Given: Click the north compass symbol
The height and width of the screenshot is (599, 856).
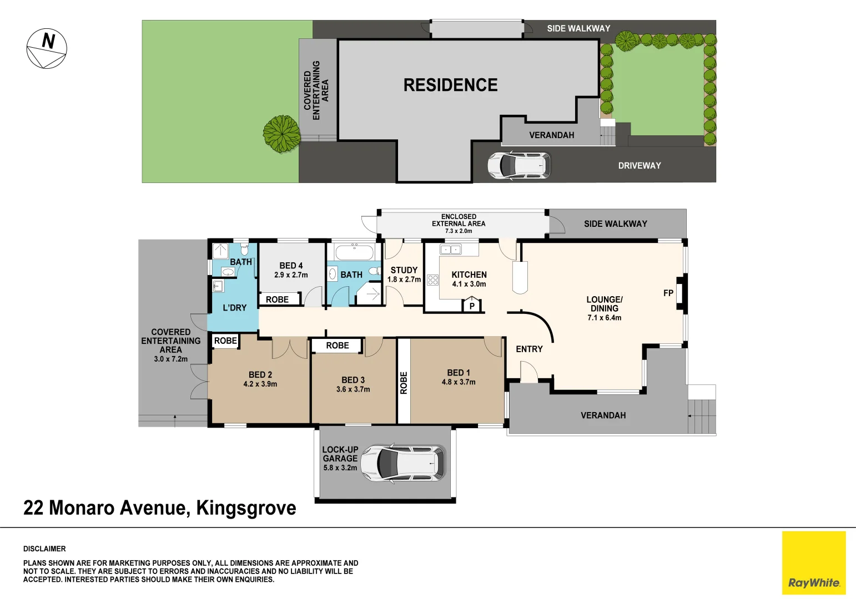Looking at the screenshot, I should coord(47,48).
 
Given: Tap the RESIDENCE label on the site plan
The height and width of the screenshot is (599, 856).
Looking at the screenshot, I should coord(450,85).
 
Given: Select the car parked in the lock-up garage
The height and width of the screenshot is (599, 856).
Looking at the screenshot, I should coord(403,464).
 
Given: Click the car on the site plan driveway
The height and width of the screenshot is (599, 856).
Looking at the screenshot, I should coord(519,165).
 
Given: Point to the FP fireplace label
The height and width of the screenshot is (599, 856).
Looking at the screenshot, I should coord(668,293).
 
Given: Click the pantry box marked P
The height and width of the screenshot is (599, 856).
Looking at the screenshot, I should coord(471,306).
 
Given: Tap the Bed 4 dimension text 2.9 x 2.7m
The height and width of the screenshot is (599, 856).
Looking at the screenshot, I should coord(291,275).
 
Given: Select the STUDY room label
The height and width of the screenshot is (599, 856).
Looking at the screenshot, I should coord(404,270).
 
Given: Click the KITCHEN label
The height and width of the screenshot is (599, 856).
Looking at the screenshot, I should coord(469,275).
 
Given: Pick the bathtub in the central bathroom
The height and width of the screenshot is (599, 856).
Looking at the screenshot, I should coord(355,253).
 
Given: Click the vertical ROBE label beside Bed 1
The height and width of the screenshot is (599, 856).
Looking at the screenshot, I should coord(404,383).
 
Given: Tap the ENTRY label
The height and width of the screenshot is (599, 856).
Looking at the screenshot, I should coord(529,349).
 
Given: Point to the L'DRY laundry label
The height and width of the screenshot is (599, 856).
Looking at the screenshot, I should coord(234,308).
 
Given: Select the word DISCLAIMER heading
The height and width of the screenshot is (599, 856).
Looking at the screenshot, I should coord(44,549).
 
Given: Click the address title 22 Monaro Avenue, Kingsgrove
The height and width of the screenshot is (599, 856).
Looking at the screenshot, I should coord(160,507).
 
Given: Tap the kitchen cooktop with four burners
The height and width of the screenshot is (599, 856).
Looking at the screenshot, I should coord(432,280).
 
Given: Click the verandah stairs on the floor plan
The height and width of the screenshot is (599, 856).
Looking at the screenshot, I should coord(702,416).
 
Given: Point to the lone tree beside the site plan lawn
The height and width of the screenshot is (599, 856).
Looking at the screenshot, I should coord(282,134).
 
